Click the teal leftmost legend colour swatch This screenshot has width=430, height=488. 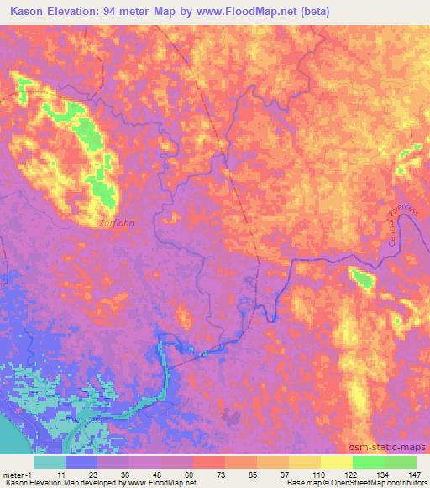click(x=50, y=462)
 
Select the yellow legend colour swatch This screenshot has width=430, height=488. click(x=337, y=462)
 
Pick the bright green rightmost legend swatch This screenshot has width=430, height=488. click(x=401, y=462)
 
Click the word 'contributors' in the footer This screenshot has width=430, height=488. click(x=406, y=484)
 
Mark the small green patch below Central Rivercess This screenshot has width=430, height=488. click(x=362, y=278)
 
